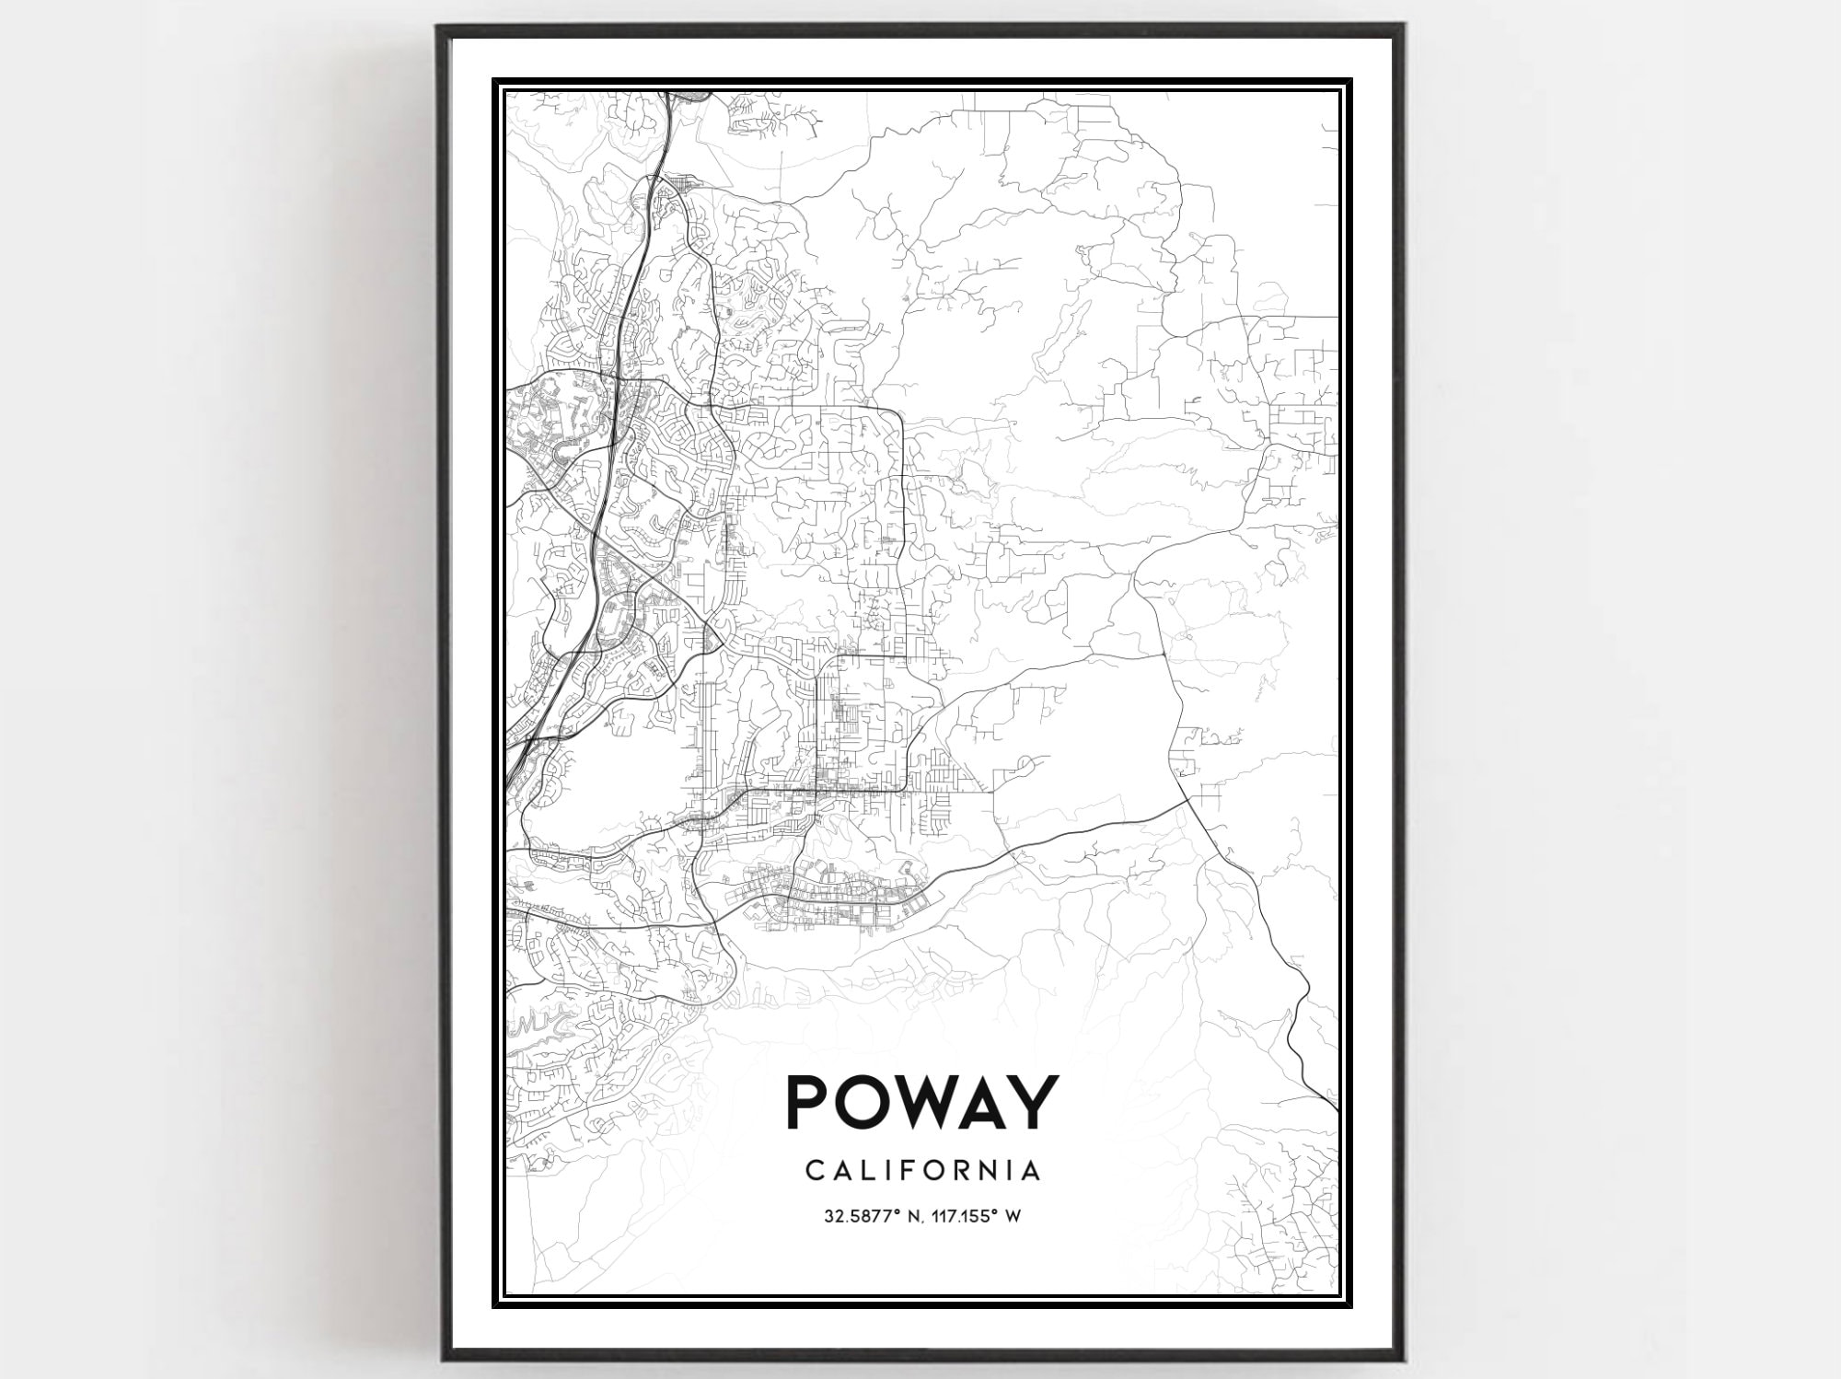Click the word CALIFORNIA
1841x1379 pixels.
coord(923,1170)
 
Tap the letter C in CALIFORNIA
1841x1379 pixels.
coord(814,1170)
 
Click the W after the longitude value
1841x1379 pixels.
coord(1013,1216)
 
